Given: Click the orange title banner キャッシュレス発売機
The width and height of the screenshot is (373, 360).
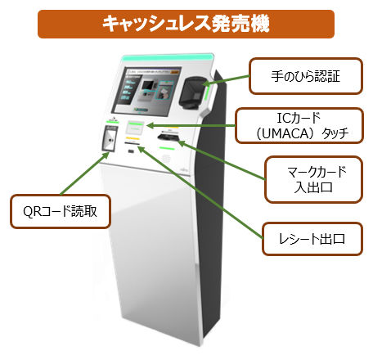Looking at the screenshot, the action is point(186,24).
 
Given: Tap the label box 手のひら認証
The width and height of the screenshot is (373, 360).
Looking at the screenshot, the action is point(306,76).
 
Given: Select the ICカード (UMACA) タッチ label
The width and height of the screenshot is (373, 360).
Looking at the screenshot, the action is point(299,126).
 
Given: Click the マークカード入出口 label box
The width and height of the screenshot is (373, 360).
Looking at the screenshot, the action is point(313,179).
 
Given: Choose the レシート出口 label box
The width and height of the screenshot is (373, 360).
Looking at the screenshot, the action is point(312,239).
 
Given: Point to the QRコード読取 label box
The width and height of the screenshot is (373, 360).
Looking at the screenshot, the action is point(61,211).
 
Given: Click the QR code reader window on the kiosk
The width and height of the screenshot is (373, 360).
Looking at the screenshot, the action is point(110,138).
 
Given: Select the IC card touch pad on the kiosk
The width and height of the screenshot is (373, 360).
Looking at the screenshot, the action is point(134,128).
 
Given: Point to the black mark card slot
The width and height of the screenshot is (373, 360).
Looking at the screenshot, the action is point(169,136).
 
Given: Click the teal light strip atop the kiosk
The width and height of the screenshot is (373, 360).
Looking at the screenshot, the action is point(167,58).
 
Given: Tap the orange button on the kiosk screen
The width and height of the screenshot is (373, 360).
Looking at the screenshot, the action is point(175,71).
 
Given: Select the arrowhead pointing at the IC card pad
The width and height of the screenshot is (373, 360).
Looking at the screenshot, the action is point(150,126).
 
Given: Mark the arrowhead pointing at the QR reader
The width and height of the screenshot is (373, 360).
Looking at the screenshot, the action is point(106,155).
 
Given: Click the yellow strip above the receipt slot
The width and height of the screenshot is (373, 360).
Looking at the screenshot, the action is point(133,139).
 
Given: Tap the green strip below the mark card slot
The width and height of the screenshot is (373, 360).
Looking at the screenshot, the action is point(167,148).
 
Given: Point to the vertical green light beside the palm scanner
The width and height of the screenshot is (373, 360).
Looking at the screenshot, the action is point(206,92).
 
